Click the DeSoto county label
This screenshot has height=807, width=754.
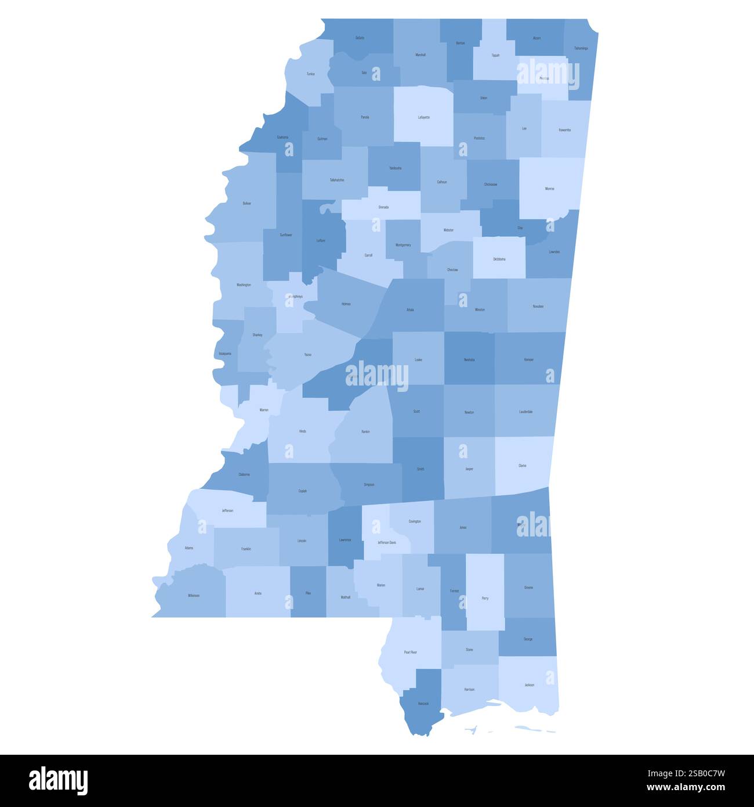point(360,38)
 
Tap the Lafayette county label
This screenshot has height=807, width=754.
point(424,117)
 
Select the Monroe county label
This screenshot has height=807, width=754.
point(549,189)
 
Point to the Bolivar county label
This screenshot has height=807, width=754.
point(247,204)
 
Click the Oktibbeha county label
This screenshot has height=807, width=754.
point(499,259)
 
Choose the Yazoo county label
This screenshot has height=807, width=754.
point(308,354)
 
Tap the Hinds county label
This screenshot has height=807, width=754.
point(303,431)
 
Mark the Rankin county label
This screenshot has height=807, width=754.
point(365,431)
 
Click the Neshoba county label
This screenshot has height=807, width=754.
point(469,360)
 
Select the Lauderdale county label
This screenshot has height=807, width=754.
point(525,412)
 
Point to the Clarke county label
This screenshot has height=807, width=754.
point(523,466)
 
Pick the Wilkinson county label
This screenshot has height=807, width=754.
point(194,596)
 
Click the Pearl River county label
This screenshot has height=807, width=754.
point(410,653)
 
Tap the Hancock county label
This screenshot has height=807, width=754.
point(423,704)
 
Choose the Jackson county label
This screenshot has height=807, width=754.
point(529,685)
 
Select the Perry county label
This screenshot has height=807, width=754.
point(485,598)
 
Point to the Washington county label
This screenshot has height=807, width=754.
point(244,285)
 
